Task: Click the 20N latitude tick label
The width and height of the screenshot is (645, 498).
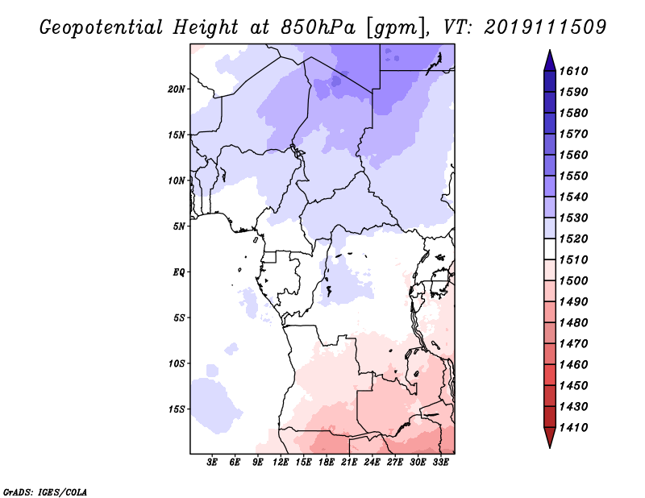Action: [x=177, y=89]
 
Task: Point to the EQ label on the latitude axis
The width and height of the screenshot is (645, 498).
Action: [x=179, y=272]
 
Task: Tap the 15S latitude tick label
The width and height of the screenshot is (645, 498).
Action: [x=177, y=409]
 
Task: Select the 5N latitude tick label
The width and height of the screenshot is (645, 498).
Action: [x=179, y=226]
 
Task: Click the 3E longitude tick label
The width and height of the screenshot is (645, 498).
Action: [x=213, y=463]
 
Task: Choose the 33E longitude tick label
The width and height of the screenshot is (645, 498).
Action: [x=441, y=463]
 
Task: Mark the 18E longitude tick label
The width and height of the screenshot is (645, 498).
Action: [x=327, y=463]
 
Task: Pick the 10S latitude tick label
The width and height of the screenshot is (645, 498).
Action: [x=177, y=363]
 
